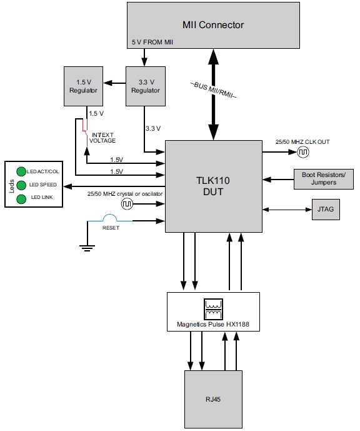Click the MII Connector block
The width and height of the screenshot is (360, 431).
[213, 25]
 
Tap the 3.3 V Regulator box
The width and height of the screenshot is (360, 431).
[145, 86]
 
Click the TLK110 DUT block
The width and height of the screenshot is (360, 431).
[213, 186]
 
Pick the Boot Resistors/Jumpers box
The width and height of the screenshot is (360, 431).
[319, 178]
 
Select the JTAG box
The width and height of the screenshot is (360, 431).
[326, 210]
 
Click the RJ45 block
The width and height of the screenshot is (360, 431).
[213, 398]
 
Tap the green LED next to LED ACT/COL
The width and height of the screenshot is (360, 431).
[21, 171]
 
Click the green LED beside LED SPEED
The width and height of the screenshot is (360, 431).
[21, 185]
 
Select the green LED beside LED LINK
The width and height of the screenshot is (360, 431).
[21, 198]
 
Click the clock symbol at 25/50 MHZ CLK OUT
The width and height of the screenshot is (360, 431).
[303, 152]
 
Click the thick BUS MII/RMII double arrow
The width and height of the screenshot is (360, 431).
[213, 94]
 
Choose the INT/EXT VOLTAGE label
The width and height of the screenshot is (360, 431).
[103, 136]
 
